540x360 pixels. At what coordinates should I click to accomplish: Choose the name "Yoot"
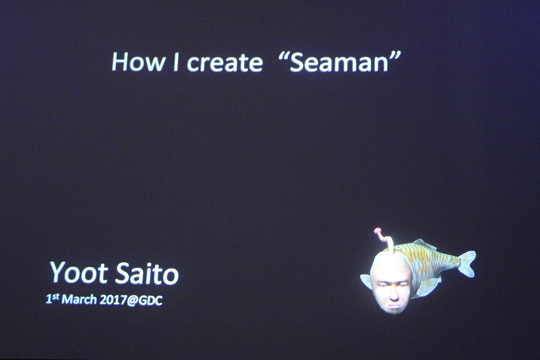coord(78,273)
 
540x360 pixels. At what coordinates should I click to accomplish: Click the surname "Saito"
coord(147,273)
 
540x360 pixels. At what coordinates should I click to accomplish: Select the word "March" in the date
coord(79,300)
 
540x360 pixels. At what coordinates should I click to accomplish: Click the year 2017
coord(112,300)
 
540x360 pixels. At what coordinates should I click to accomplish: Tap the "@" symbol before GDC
coord(131,301)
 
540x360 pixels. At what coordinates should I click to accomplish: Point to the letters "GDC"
coord(150,300)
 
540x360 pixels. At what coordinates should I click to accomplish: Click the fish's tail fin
coord(467,263)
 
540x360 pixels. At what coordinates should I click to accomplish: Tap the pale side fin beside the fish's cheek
coord(367,281)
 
